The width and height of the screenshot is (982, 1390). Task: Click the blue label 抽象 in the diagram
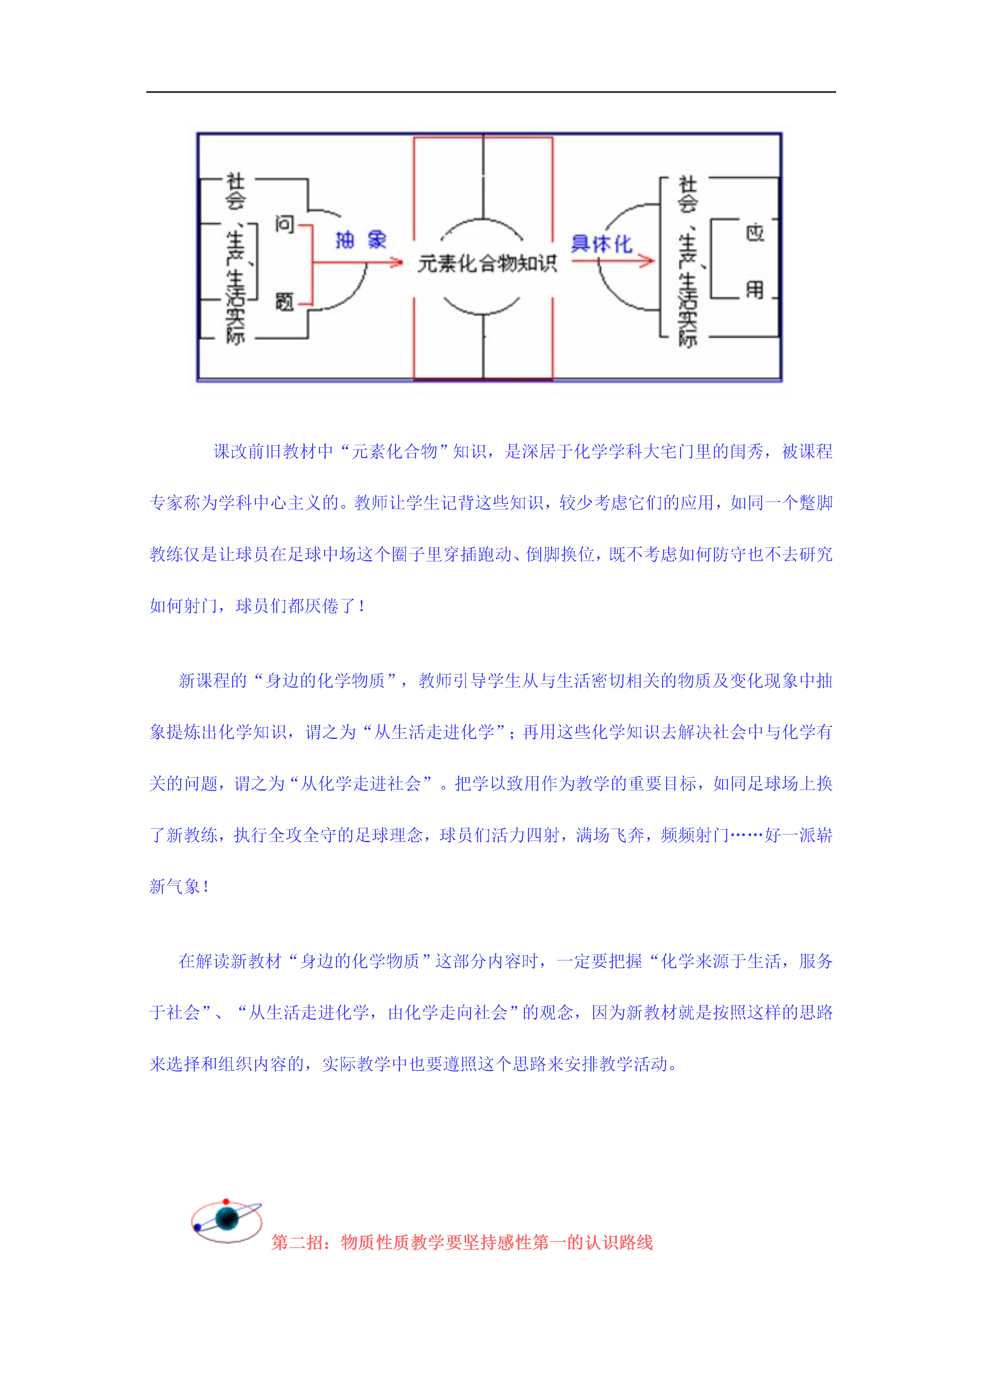pyautogui.click(x=361, y=240)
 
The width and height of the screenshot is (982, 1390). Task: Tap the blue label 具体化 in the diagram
pyautogui.click(x=601, y=243)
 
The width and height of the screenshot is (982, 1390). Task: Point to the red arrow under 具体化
pyautogui.click(x=613, y=261)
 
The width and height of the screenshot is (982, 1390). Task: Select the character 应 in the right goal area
pyautogui.click(x=755, y=233)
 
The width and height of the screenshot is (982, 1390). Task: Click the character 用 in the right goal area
pyautogui.click(x=755, y=289)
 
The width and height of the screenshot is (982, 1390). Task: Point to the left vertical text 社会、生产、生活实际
pyautogui.click(x=235, y=258)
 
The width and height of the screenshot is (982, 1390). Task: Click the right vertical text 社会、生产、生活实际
pyautogui.click(x=687, y=261)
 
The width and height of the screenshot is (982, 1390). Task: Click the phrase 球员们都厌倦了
pyautogui.click(x=296, y=606)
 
